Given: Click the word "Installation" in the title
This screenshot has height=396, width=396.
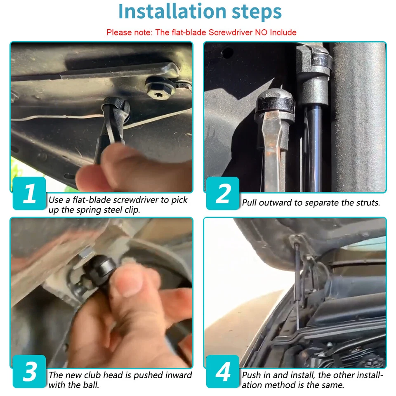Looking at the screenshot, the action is pyautogui.click(x=172, y=12).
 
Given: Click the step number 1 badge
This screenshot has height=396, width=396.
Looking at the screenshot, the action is pyautogui.click(x=29, y=193).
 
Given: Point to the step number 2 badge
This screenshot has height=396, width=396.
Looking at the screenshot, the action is pyautogui.click(x=223, y=193).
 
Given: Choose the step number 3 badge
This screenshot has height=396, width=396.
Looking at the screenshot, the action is pyautogui.click(x=29, y=371).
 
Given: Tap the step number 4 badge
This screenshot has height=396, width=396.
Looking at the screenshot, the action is pyautogui.click(x=223, y=371).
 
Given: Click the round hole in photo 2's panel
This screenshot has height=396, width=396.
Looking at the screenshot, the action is pyautogui.click(x=227, y=52).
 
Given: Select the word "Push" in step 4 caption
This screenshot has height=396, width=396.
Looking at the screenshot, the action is pyautogui.click(x=252, y=375).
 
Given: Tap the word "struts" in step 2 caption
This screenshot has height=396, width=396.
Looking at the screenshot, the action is pyautogui.click(x=368, y=203).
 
